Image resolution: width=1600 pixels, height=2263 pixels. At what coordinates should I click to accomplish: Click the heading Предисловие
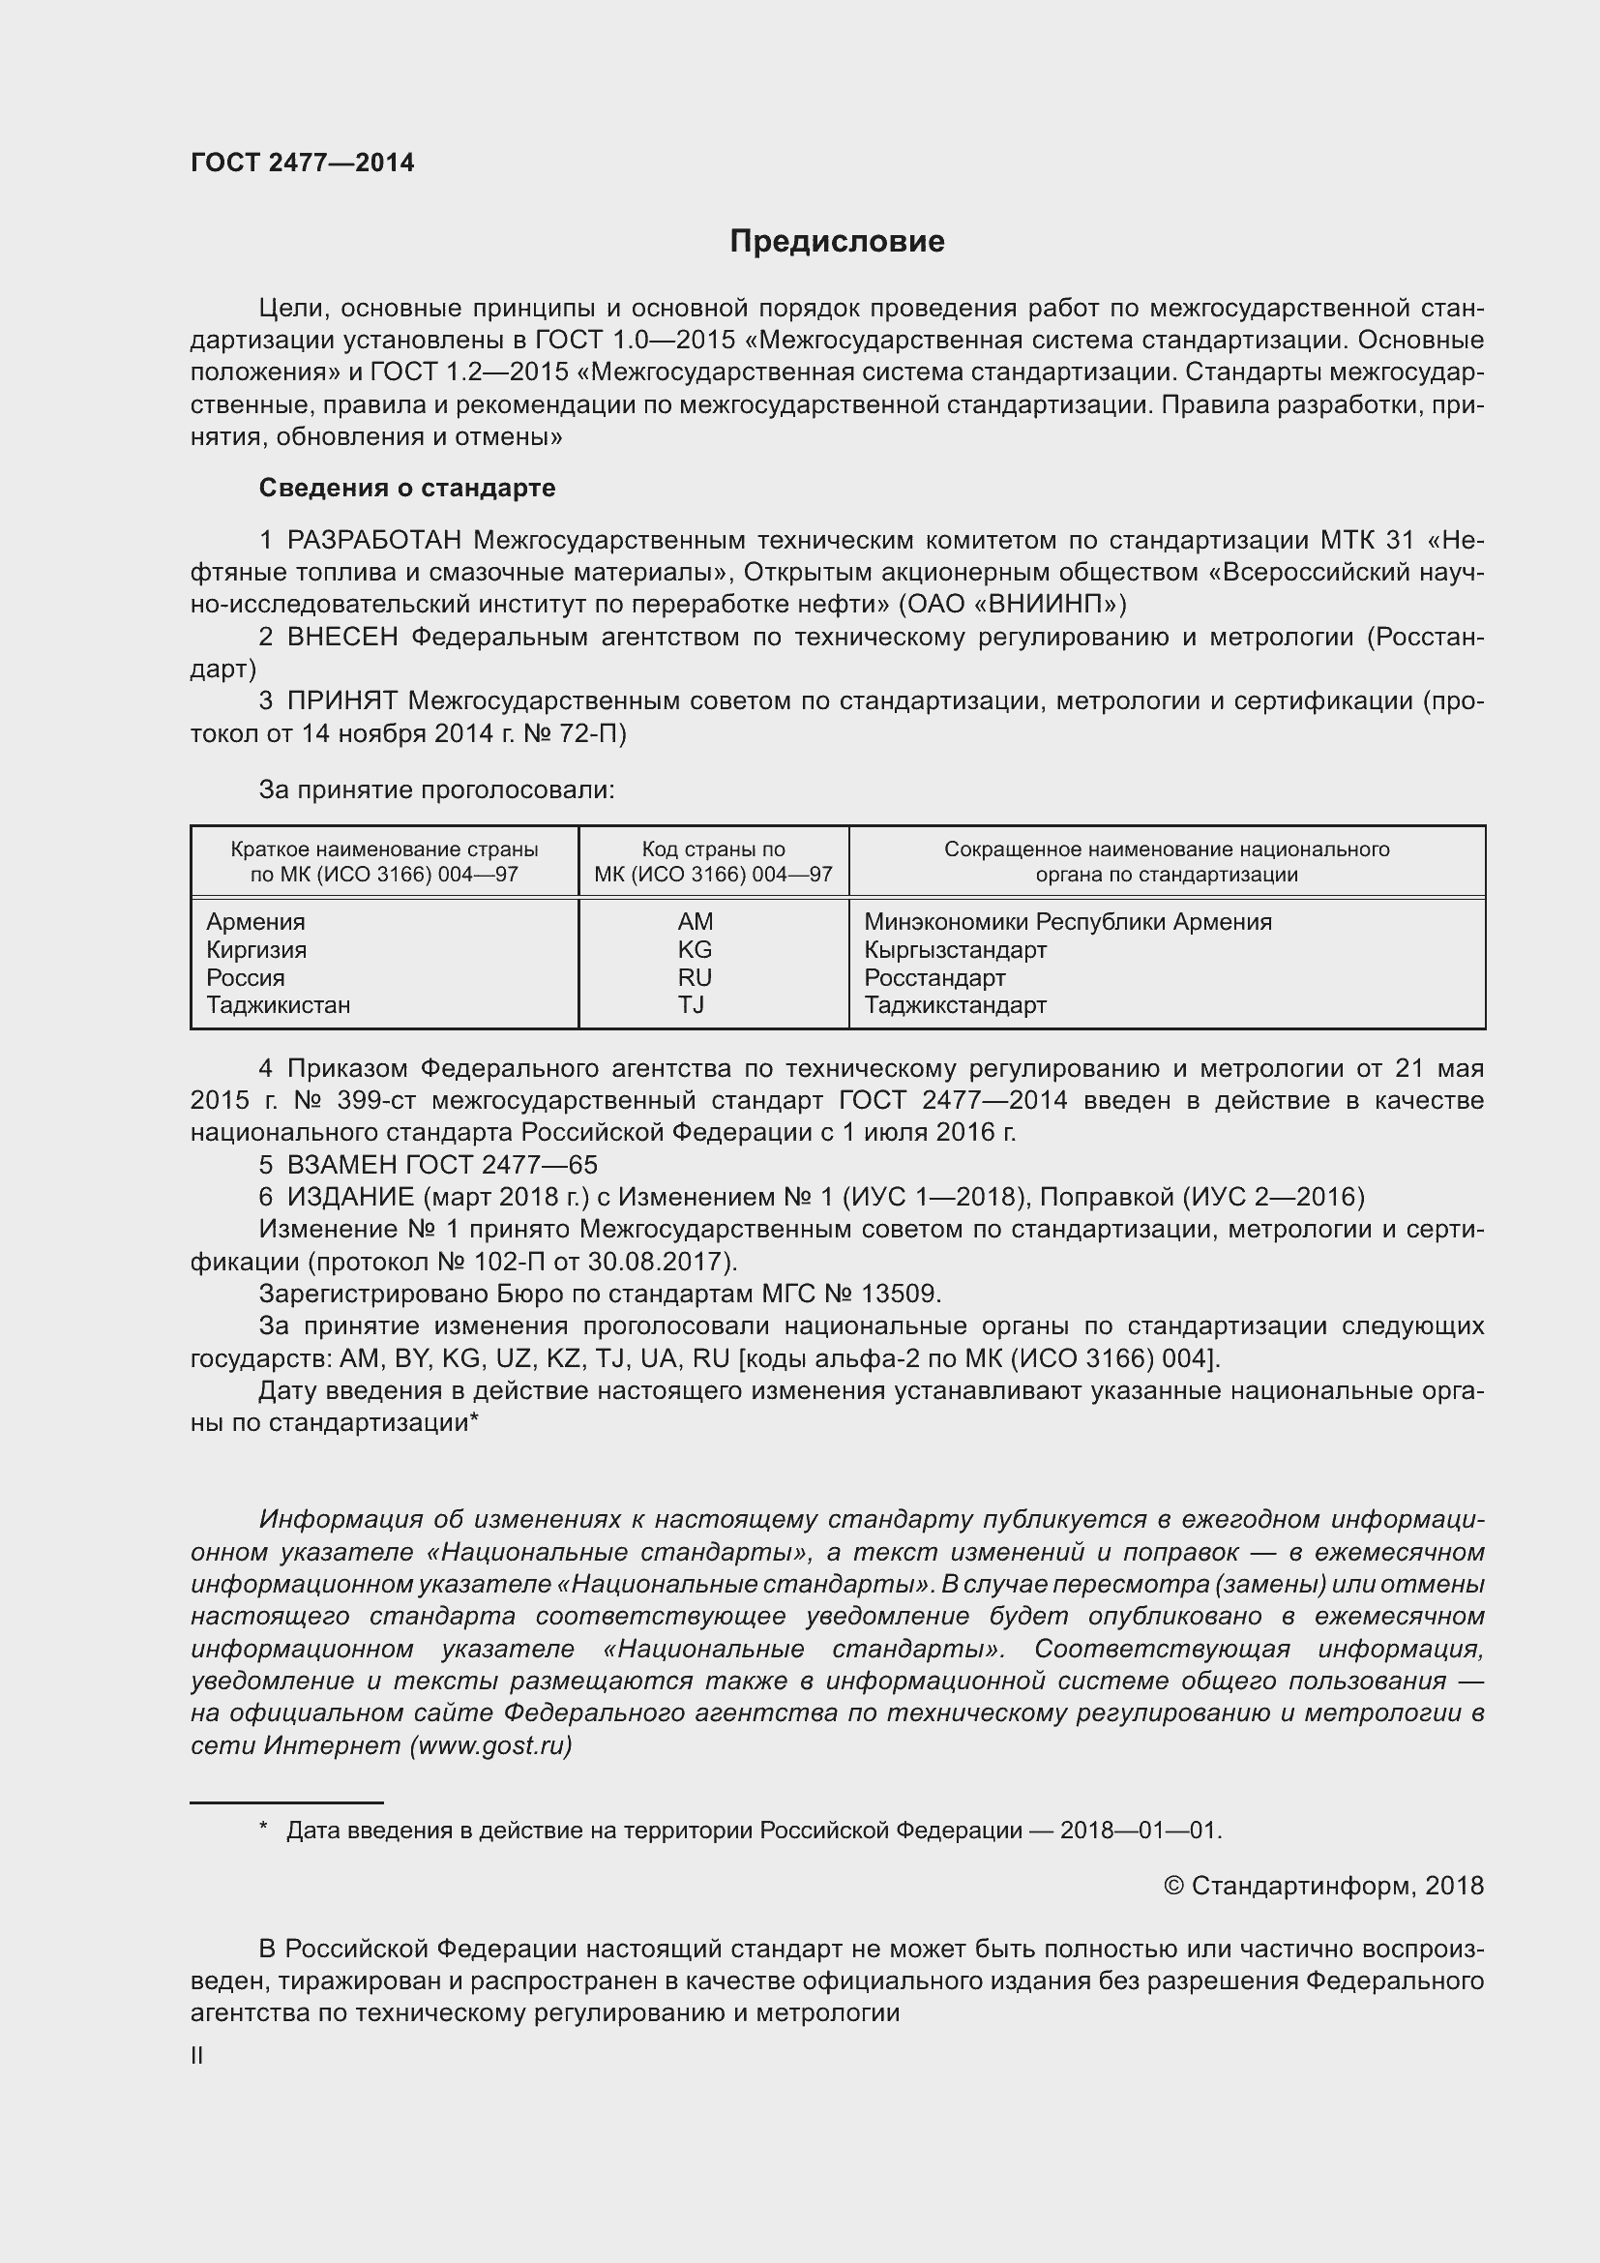[x=837, y=242]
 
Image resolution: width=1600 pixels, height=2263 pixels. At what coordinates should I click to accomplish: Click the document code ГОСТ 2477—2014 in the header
[x=303, y=163]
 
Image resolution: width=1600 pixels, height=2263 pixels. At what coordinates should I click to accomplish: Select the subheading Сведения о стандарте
[x=407, y=488]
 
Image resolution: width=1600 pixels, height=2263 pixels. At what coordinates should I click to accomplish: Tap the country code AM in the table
[x=695, y=922]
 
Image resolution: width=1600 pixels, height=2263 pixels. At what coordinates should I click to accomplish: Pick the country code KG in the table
[x=695, y=949]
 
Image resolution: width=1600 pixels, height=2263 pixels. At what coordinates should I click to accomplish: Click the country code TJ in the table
[x=691, y=1004]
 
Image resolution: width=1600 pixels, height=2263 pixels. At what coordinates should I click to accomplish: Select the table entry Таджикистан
[x=278, y=1004]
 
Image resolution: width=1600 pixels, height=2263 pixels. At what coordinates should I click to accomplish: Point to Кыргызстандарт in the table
[x=955, y=949]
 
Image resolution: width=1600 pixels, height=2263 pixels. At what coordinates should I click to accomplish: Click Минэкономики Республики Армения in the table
[x=1067, y=922]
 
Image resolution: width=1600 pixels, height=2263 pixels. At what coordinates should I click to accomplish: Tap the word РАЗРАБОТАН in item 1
[x=374, y=540]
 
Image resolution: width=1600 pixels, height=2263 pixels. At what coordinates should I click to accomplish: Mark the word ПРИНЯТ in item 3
[x=341, y=700]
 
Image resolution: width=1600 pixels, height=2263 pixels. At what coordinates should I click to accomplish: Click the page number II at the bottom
[x=197, y=2056]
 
